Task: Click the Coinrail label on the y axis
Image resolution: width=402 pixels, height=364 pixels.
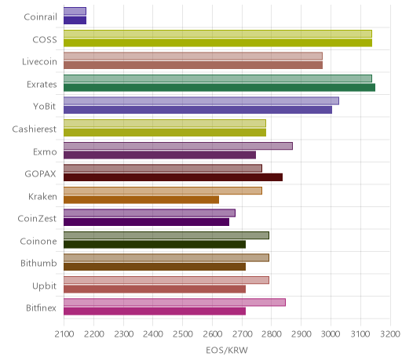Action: [x=40, y=17]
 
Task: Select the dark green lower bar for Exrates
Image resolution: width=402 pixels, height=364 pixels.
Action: [x=219, y=88]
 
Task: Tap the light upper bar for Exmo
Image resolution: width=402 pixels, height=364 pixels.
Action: [x=178, y=146]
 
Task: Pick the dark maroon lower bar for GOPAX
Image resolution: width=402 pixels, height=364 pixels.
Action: [x=173, y=177]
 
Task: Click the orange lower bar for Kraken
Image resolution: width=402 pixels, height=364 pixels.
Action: [x=141, y=200]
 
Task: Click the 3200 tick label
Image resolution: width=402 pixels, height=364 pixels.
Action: [x=390, y=334]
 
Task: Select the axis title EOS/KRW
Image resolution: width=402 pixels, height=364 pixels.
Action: [x=227, y=350]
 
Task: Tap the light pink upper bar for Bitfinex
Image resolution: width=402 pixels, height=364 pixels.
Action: [x=174, y=303]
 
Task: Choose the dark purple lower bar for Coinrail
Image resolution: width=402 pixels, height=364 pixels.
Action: [x=75, y=20]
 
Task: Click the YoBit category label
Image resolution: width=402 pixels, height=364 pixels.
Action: [x=45, y=107]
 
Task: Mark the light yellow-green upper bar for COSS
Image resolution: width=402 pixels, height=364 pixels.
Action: [x=217, y=34]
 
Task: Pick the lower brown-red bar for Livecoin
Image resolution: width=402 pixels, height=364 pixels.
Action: [x=193, y=65]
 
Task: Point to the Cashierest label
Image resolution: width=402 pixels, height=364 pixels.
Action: [x=35, y=129]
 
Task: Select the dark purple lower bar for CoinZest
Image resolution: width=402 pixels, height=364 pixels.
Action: [x=146, y=222]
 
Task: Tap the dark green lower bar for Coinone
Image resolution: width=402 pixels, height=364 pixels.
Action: [x=155, y=245]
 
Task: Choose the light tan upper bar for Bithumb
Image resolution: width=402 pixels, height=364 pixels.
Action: [x=166, y=258]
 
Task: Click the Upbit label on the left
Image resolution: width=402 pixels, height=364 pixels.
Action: [x=44, y=286]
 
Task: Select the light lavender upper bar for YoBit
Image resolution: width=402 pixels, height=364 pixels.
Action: [x=201, y=101]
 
